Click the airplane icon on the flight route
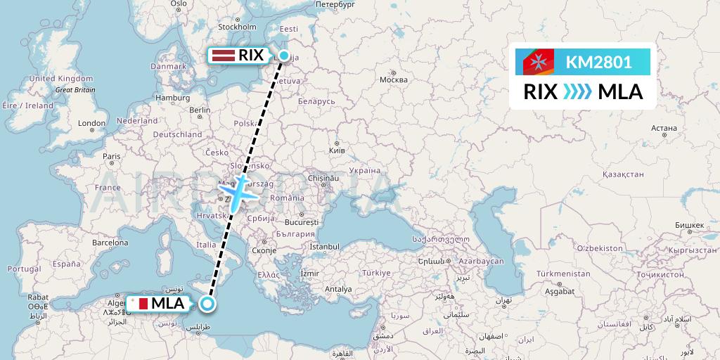tap(239, 189)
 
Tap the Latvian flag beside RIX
tap(223, 55)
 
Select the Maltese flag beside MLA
tap(139, 304)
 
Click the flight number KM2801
tap(598, 62)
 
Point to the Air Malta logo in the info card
tap(539, 62)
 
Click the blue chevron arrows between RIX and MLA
tap(577, 92)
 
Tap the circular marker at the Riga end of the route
tap(283, 56)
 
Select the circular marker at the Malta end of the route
tap(207, 304)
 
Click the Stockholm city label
tap(236, 27)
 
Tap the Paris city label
tap(112, 156)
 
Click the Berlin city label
tap(200, 110)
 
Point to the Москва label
tap(393, 79)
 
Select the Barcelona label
tap(110, 243)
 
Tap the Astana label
tap(664, 128)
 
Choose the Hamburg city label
tap(173, 98)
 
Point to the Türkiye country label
tap(376, 273)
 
